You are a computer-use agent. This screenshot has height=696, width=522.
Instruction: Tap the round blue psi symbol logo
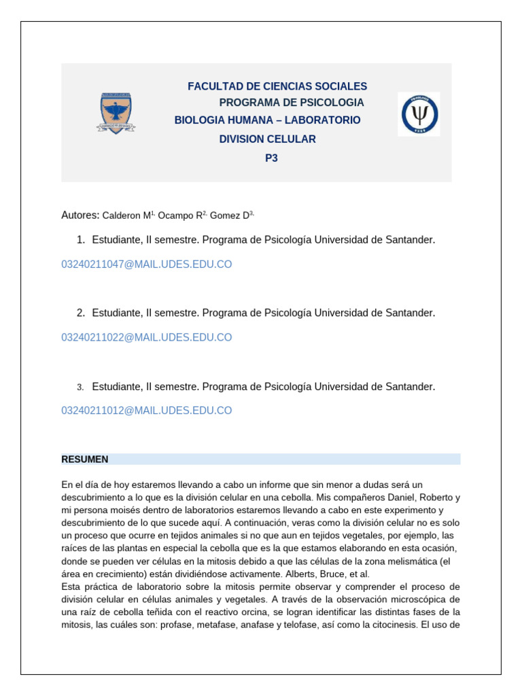419,114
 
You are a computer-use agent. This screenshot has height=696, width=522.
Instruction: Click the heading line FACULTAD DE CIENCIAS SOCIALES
277,86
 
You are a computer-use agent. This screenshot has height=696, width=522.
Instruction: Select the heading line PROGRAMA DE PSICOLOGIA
291,103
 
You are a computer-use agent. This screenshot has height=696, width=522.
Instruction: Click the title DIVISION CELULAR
267,139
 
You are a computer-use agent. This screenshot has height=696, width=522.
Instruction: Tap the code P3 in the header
271,158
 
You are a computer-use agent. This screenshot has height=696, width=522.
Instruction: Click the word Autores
80,215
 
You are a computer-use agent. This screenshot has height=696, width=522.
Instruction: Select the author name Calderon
121,215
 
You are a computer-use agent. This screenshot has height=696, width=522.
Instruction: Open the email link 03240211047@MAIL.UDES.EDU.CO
147,264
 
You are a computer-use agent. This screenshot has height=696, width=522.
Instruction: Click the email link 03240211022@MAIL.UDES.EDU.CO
147,337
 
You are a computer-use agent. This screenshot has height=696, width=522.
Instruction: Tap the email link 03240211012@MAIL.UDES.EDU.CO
147,411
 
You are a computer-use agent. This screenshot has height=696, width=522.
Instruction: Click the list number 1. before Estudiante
80,240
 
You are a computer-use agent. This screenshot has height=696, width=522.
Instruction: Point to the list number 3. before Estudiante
80,387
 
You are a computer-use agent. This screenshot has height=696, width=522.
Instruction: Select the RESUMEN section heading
85,459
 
